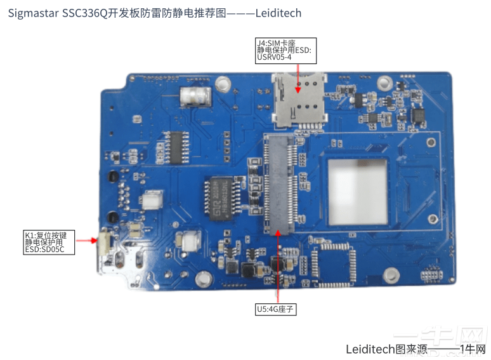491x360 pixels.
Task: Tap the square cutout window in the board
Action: coord(357,192)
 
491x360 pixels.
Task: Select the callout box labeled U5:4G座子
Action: coord(276,309)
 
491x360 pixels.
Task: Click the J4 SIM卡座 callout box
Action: coord(283,50)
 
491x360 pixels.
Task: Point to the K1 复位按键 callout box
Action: coord(49,242)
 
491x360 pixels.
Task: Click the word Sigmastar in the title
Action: coord(32,13)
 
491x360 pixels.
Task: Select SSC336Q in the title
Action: coord(86,13)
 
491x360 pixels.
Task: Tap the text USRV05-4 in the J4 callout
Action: coord(274,57)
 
